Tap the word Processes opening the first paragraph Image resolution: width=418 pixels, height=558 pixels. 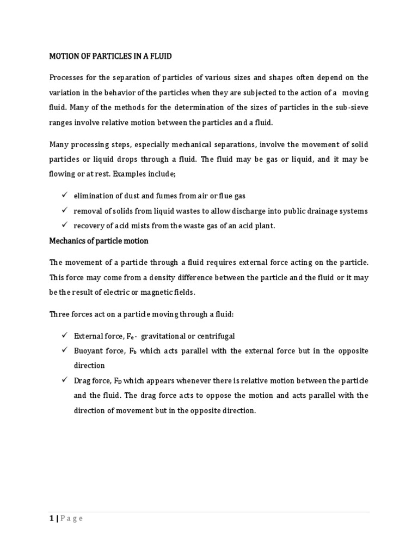coord(68,77)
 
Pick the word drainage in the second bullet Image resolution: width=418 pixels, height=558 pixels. coord(321,211)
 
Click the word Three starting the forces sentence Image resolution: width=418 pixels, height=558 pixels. coord(59,314)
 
